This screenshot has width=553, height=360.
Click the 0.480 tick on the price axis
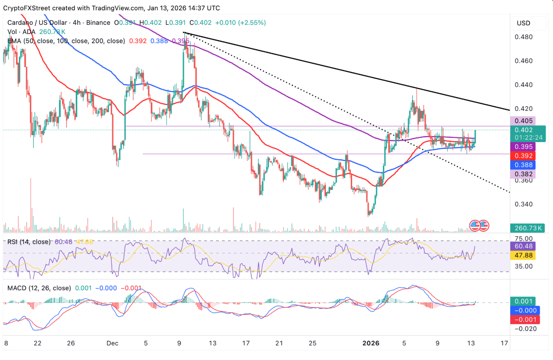pyautogui.click(x=523, y=37)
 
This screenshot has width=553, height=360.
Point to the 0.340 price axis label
pyautogui.click(x=523, y=204)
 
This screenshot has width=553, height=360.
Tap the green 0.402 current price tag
pyautogui.click(x=524, y=130)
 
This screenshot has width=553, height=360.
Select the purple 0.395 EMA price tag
pyautogui.click(x=524, y=147)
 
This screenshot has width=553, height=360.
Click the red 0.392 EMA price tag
pyautogui.click(x=524, y=155)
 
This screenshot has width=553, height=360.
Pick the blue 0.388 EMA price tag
pyautogui.click(x=524, y=165)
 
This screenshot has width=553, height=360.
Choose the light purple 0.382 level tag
pyautogui.click(x=524, y=174)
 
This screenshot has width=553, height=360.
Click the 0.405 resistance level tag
pyautogui.click(x=524, y=121)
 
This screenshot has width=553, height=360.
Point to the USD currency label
pyautogui.click(x=524, y=23)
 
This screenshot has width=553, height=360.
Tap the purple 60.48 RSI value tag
pyautogui.click(x=524, y=246)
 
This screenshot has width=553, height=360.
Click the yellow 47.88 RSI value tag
pyautogui.click(x=524, y=255)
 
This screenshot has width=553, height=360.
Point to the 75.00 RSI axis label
pyautogui.click(x=523, y=238)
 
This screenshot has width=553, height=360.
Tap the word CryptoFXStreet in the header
pyautogui.click(x=27, y=8)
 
